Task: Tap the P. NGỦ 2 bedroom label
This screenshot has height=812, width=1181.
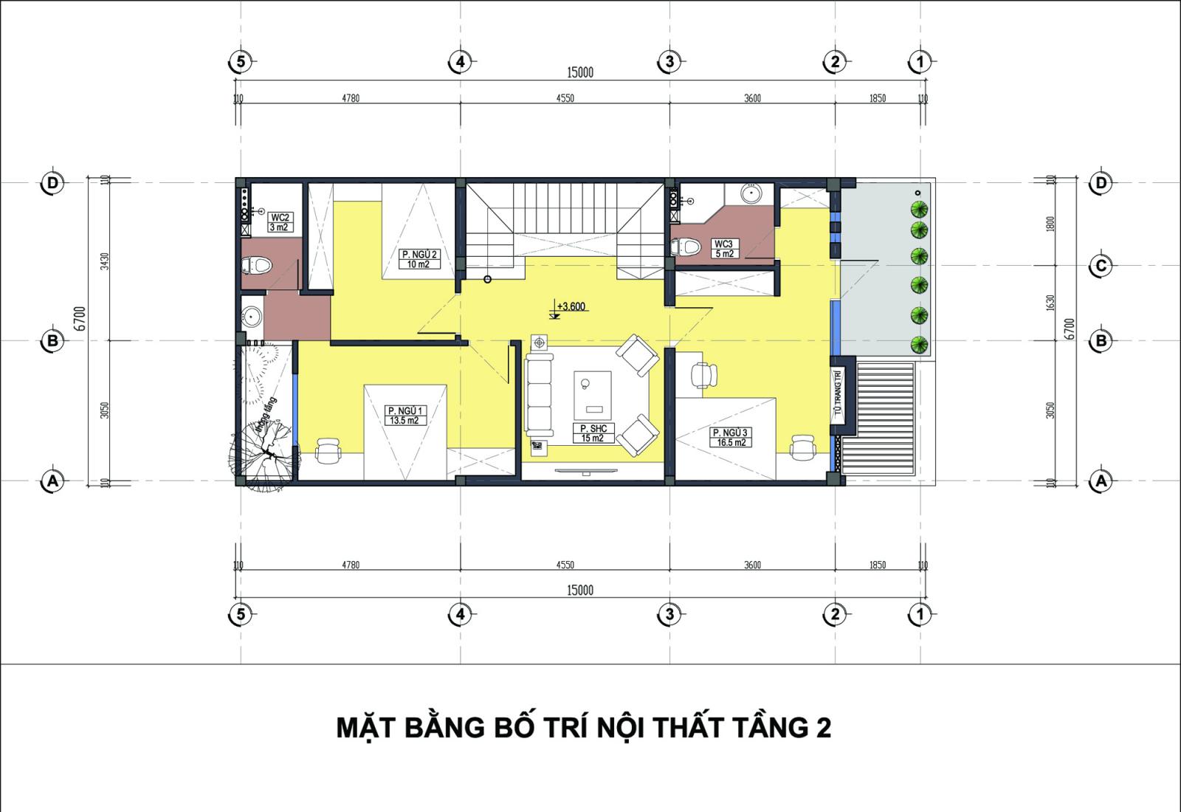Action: click(x=419, y=259)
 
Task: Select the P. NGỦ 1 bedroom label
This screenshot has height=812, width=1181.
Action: click(x=404, y=416)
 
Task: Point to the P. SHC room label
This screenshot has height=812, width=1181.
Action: click(x=593, y=433)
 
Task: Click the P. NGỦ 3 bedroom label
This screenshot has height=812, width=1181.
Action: click(x=730, y=437)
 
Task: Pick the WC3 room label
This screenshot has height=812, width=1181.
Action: click(x=723, y=249)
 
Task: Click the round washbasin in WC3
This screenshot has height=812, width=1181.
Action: click(x=751, y=194)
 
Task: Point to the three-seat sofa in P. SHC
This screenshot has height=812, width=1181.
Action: click(x=540, y=394)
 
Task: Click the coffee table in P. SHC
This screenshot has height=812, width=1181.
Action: click(x=594, y=392)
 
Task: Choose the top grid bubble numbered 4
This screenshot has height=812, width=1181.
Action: click(x=460, y=62)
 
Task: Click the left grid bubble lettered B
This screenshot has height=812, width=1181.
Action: click(x=52, y=341)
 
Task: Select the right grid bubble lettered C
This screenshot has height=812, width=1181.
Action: click(x=1101, y=266)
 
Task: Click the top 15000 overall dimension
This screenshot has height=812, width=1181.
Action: click(x=579, y=72)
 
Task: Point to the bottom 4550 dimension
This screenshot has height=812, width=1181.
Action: click(x=565, y=565)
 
